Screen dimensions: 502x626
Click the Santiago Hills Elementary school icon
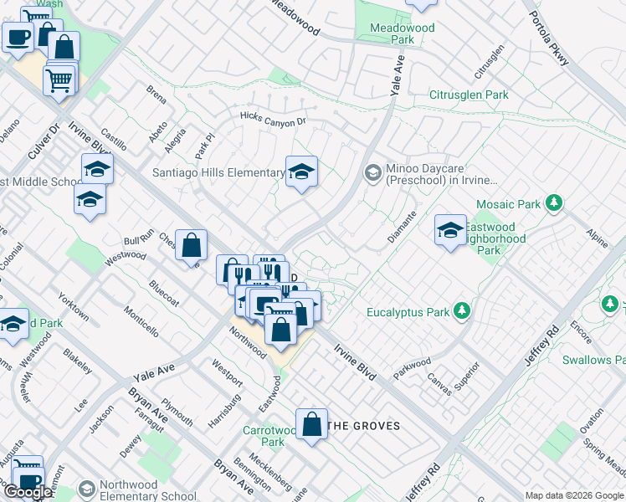click(x=302, y=172)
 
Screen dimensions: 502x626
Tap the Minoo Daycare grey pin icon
click(x=372, y=172)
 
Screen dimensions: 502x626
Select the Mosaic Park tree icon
click(x=552, y=203)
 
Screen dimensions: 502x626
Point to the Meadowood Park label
click(x=403, y=33)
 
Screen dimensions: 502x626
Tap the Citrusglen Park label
click(x=469, y=95)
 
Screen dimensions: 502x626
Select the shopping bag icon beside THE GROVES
click(x=311, y=424)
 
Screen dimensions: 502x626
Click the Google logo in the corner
click(x=28, y=492)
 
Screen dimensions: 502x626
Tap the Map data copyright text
click(x=574, y=495)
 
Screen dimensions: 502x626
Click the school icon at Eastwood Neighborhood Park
click(x=450, y=231)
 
